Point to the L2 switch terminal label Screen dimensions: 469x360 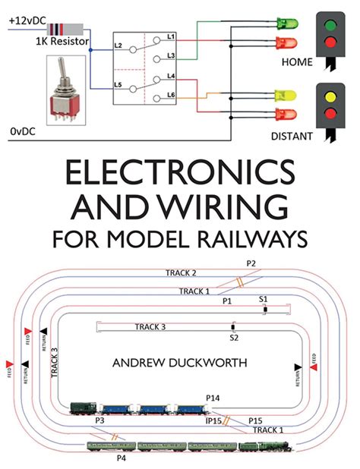point(118,47)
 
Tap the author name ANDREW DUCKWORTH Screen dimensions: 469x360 point(180,364)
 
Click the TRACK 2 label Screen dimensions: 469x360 point(182,272)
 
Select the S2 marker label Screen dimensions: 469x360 point(234,336)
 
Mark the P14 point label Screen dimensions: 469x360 point(212,398)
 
